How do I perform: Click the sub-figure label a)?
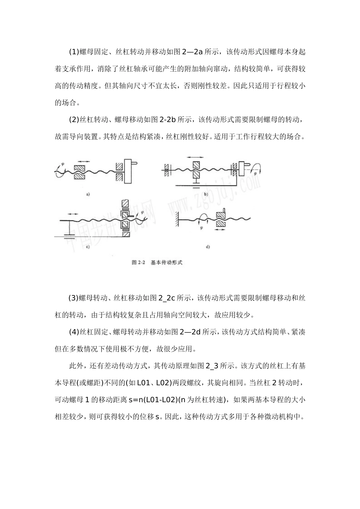click(x=88, y=194)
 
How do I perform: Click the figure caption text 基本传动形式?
click(x=166, y=262)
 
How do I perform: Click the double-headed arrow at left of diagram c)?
click(x=71, y=215)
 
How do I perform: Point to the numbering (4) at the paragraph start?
click(x=73, y=332)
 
